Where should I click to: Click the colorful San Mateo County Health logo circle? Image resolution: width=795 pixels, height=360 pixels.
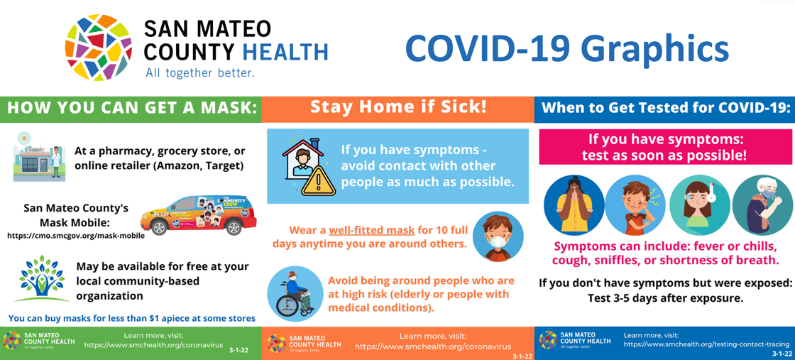98,47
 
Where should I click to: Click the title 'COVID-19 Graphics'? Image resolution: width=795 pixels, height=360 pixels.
566,48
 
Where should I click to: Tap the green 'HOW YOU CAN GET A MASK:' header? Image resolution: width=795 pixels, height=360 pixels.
131,108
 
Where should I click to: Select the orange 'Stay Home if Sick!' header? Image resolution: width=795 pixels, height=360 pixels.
398,107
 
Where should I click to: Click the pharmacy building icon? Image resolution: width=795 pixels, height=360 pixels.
38,158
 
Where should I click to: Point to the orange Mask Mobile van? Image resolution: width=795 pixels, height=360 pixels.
198,214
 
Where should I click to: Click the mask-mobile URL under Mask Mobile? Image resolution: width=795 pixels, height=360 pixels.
76,235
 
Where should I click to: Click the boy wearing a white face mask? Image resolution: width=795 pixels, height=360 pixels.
498,236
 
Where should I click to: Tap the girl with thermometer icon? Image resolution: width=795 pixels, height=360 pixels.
698,205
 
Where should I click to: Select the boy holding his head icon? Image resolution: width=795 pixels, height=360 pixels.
635,205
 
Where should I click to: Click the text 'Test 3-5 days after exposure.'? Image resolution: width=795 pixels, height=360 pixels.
665,298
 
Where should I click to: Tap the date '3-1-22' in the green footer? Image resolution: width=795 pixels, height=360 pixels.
239,350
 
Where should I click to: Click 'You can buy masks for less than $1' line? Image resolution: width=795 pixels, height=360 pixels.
131,317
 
